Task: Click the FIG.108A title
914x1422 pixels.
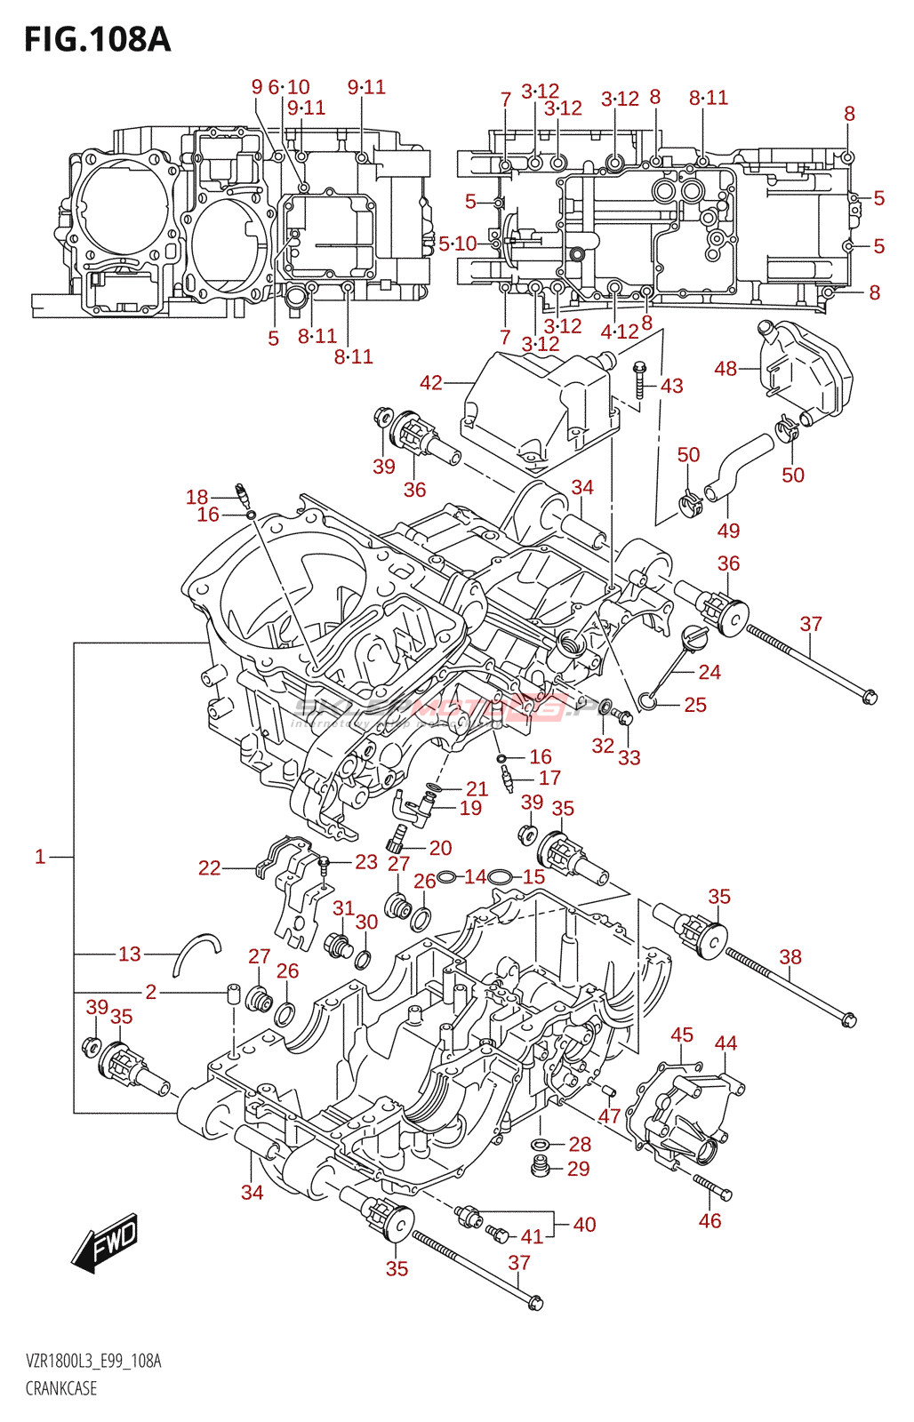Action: [97, 40]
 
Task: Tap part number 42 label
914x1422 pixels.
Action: [431, 383]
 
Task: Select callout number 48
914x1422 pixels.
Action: [726, 368]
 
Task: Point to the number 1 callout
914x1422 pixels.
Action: [40, 857]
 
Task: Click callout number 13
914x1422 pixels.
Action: [130, 955]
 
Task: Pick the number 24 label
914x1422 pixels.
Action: [710, 672]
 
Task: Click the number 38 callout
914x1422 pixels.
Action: [790, 957]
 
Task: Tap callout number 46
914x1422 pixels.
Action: [710, 1221]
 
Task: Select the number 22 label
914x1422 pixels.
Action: [210, 868]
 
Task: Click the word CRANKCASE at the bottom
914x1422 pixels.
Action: [61, 1388]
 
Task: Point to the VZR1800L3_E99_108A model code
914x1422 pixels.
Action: [93, 1362]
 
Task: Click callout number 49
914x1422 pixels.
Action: [728, 531]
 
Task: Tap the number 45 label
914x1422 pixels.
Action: [682, 1035]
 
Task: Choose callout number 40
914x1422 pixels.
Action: [584, 1225]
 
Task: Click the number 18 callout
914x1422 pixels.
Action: [197, 498]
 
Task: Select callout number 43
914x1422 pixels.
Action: [672, 386]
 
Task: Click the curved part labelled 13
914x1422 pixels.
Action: [196, 953]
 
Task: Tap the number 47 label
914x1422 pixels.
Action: [609, 1116]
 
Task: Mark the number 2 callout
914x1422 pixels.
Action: [151, 992]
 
